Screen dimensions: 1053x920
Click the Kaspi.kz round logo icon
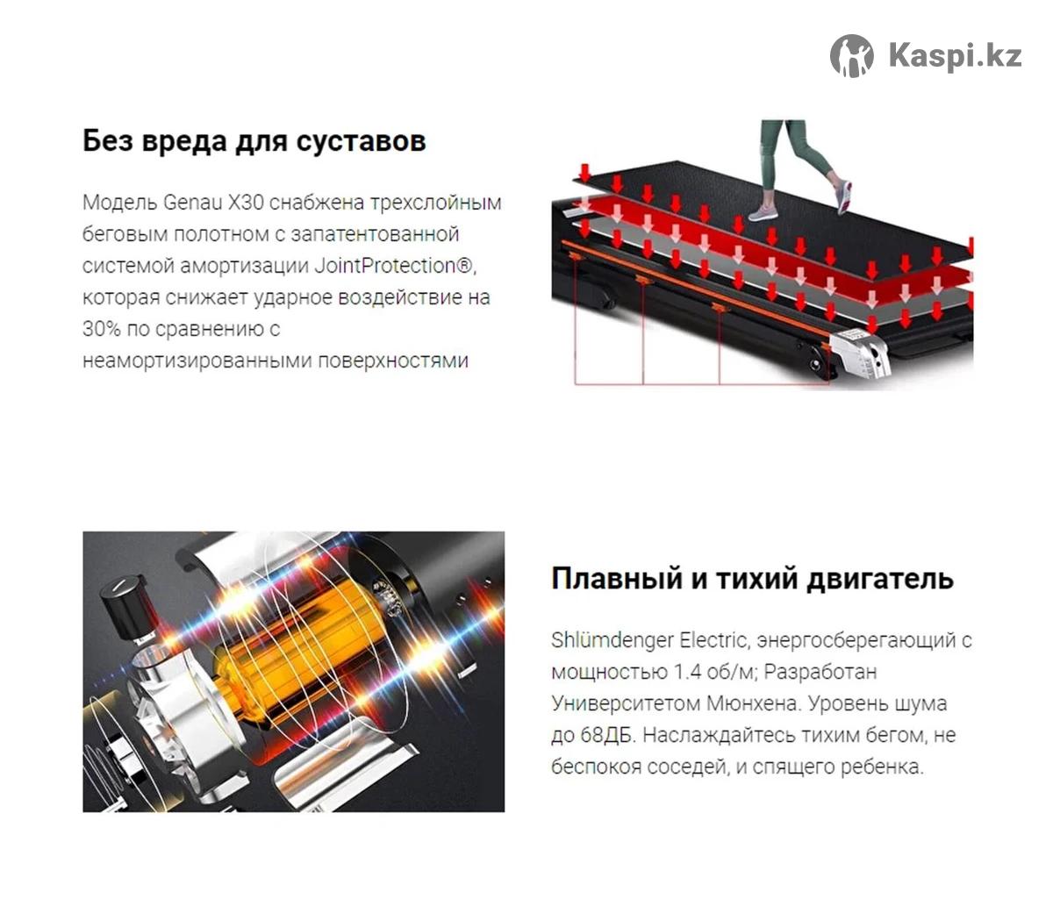pos(851,56)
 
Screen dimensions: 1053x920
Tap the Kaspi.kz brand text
pos(955,56)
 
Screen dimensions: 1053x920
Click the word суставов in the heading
pos(361,140)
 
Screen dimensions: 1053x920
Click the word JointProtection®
pos(394,266)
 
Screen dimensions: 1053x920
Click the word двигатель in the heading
pos(879,579)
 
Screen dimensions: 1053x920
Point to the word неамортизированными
pos(197,361)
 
